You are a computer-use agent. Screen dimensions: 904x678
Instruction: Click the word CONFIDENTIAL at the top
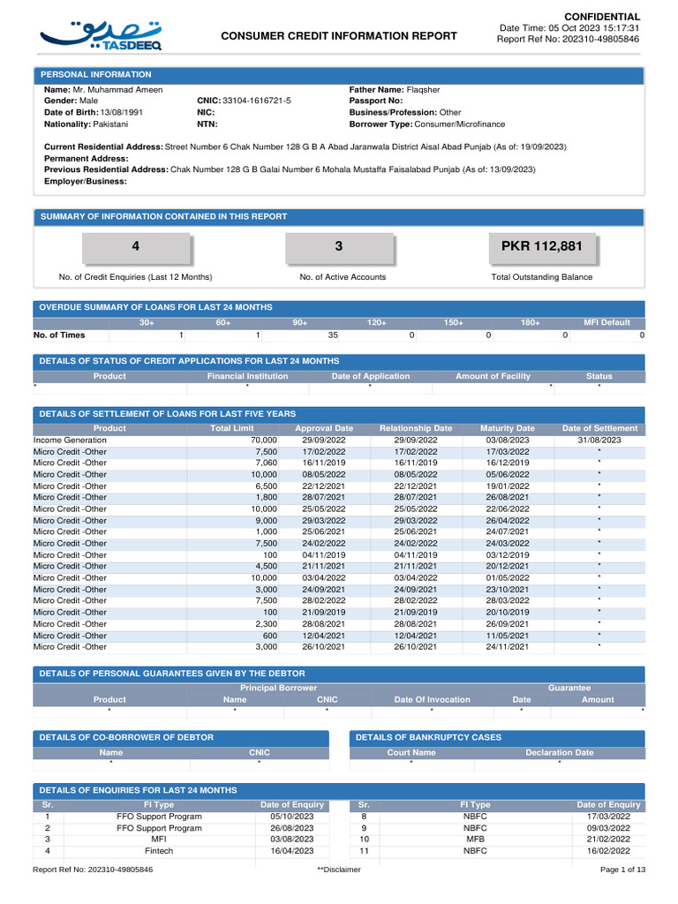[602, 17]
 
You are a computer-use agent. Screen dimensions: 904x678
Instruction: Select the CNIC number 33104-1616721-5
[256, 102]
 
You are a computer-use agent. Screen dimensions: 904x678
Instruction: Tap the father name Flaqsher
[423, 90]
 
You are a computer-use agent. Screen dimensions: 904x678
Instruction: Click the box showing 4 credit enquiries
[135, 246]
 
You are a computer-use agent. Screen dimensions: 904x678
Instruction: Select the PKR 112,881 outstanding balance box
[542, 246]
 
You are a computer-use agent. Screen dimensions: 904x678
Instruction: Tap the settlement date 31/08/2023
[599, 440]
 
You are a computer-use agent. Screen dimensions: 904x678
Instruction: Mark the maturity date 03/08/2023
[507, 440]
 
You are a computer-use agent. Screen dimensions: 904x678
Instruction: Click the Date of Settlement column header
[599, 428]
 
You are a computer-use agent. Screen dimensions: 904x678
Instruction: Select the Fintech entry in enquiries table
[159, 851]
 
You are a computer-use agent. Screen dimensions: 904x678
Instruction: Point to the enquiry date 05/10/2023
[292, 817]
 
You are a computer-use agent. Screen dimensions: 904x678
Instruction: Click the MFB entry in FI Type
[475, 840]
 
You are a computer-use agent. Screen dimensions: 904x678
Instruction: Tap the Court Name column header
[411, 753]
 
